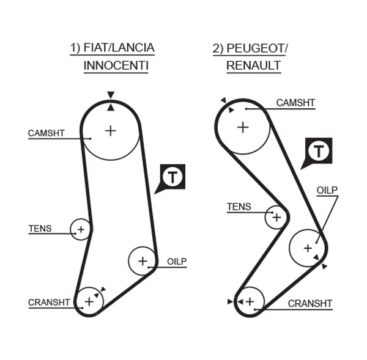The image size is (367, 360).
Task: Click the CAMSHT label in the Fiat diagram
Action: (x=46, y=133)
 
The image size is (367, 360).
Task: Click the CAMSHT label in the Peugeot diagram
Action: (x=295, y=103)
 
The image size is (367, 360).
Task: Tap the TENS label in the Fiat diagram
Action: (x=40, y=229)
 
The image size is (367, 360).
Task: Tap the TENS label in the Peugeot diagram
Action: (x=239, y=207)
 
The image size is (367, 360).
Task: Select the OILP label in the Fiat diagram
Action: (x=177, y=261)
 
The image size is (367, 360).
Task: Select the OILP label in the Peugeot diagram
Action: (x=327, y=190)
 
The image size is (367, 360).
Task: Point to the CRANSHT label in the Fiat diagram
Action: (x=49, y=302)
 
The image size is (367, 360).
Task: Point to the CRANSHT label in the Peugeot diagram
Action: (x=310, y=303)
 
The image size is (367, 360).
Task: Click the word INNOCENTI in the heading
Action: (x=116, y=65)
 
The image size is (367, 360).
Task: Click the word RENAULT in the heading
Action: (x=254, y=65)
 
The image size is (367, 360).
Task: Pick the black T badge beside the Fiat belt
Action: (x=174, y=177)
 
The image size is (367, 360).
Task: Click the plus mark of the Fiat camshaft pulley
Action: (x=110, y=130)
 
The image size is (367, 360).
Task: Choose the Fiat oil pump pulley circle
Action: (x=143, y=261)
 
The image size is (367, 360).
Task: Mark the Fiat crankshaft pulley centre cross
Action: (x=89, y=301)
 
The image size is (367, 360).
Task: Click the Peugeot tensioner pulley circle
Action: (x=276, y=216)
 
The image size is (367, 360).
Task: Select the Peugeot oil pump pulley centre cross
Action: (x=308, y=248)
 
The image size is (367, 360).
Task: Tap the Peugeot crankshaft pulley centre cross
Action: (x=250, y=301)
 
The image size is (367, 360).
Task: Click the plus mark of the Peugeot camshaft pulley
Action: (x=243, y=127)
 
